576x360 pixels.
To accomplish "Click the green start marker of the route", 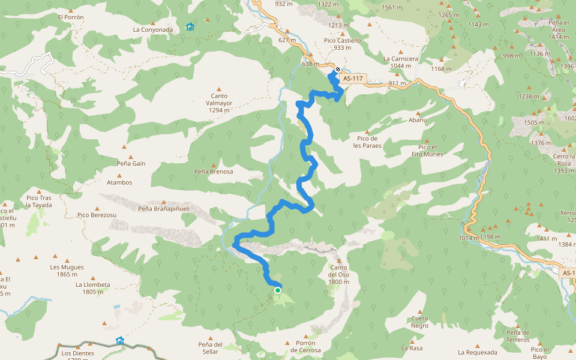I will coord(278,290).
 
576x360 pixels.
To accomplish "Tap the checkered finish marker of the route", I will coord(338,68).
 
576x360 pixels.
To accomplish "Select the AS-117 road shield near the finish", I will coord(353,79).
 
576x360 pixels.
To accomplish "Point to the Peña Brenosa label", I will coord(214,172).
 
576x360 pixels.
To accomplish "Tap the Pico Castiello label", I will coord(343,44).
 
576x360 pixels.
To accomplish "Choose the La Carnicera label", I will coord(400,62).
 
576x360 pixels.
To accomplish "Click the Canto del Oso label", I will coord(338,278).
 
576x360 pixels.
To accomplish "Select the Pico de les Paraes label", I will coord(367,142).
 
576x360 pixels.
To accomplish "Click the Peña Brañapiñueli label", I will coord(164,209).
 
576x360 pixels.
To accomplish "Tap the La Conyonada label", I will coord(153,29).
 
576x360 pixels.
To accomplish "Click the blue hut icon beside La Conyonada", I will coord(190,26).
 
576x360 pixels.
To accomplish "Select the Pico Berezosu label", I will coord(97,215).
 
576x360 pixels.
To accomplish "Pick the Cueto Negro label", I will coord(420,322).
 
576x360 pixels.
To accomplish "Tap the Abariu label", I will coord(418,120).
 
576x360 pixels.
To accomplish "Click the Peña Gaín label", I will coord(131,163).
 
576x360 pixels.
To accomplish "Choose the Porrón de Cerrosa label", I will coord(305,346).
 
